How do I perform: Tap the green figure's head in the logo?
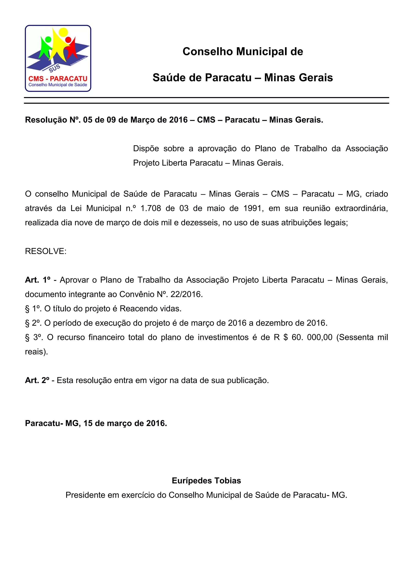[x=48, y=40]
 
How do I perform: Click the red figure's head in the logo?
[x=68, y=40]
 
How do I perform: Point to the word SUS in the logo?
[x=54, y=68]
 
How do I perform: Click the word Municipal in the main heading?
[x=257, y=52]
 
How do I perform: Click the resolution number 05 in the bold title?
[x=88, y=120]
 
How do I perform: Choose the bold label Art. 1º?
[x=38, y=280]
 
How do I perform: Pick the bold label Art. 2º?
[x=37, y=380]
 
